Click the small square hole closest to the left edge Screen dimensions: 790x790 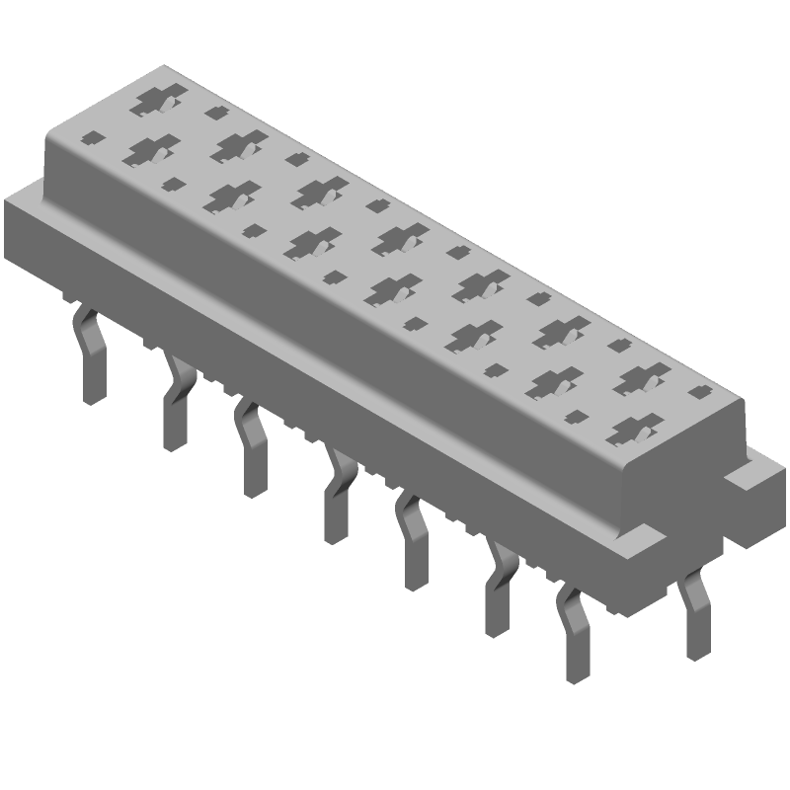coord(93,138)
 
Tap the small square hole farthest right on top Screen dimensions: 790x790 coord(698,392)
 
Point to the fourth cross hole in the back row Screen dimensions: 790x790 coord(399,236)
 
